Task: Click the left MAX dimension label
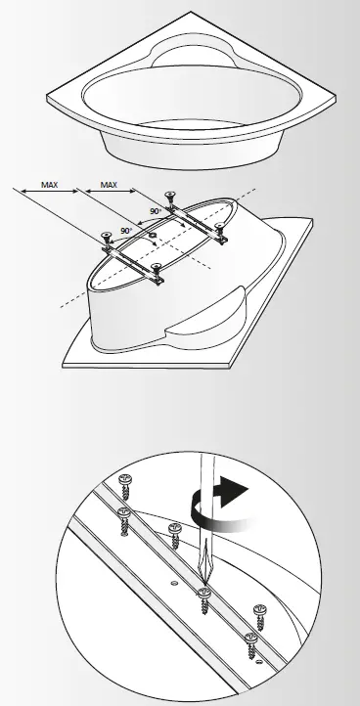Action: click(49, 183)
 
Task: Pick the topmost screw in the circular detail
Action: click(124, 480)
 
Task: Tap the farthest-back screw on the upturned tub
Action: click(173, 199)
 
